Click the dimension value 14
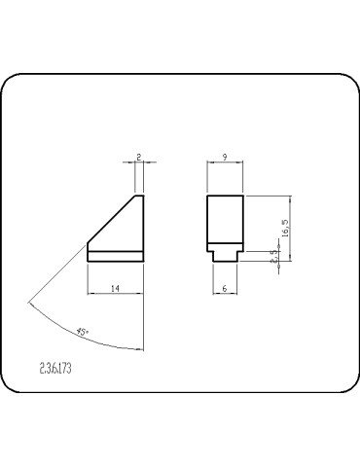click(x=115, y=288)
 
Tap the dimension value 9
click(x=225, y=155)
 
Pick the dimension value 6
click(x=225, y=288)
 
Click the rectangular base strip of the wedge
click(x=115, y=257)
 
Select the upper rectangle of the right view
click(x=225, y=219)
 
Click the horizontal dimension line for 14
click(x=115, y=295)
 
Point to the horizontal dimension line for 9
click(x=225, y=162)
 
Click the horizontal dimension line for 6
click(x=225, y=295)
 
